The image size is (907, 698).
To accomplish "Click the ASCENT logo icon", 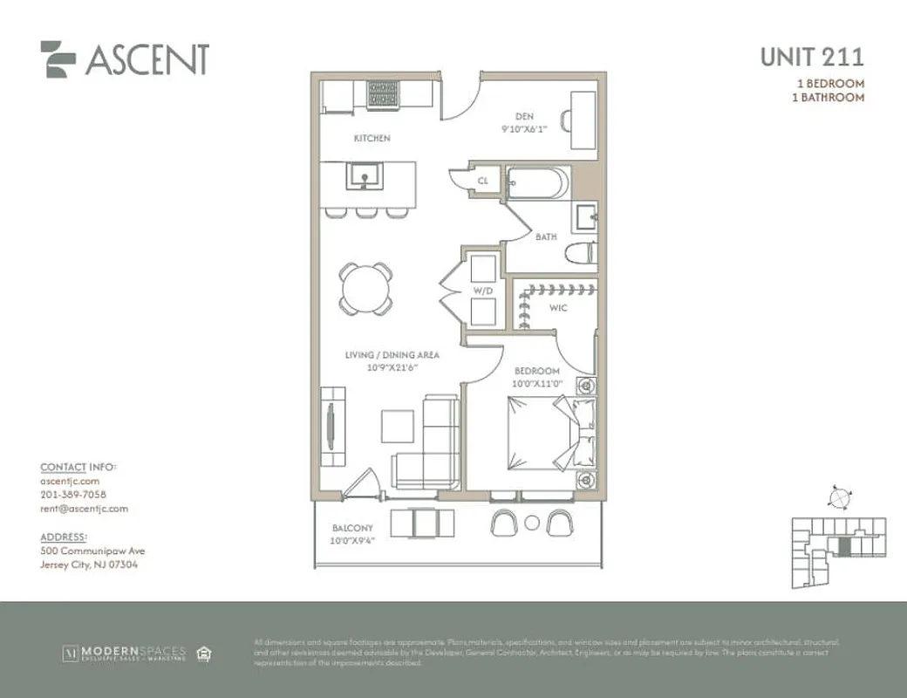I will [x=58, y=59].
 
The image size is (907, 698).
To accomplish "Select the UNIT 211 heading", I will [x=812, y=58].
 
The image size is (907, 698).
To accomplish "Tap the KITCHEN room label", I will [x=372, y=139].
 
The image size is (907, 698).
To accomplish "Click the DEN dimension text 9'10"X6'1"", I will [x=524, y=129].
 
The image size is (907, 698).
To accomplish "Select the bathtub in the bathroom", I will [x=537, y=183].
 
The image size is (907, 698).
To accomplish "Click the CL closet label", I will [x=482, y=181].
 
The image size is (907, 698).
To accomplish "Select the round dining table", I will [x=365, y=288].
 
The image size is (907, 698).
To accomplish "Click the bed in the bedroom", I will [x=540, y=433].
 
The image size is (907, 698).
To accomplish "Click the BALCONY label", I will [x=352, y=528].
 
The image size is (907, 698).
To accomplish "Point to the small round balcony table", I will [x=532, y=523].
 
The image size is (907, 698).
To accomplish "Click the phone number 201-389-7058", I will [x=73, y=495].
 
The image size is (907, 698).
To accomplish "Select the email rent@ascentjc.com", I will [x=85, y=509].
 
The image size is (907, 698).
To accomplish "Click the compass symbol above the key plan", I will [x=839, y=496].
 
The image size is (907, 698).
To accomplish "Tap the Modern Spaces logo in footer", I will [x=125, y=653].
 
